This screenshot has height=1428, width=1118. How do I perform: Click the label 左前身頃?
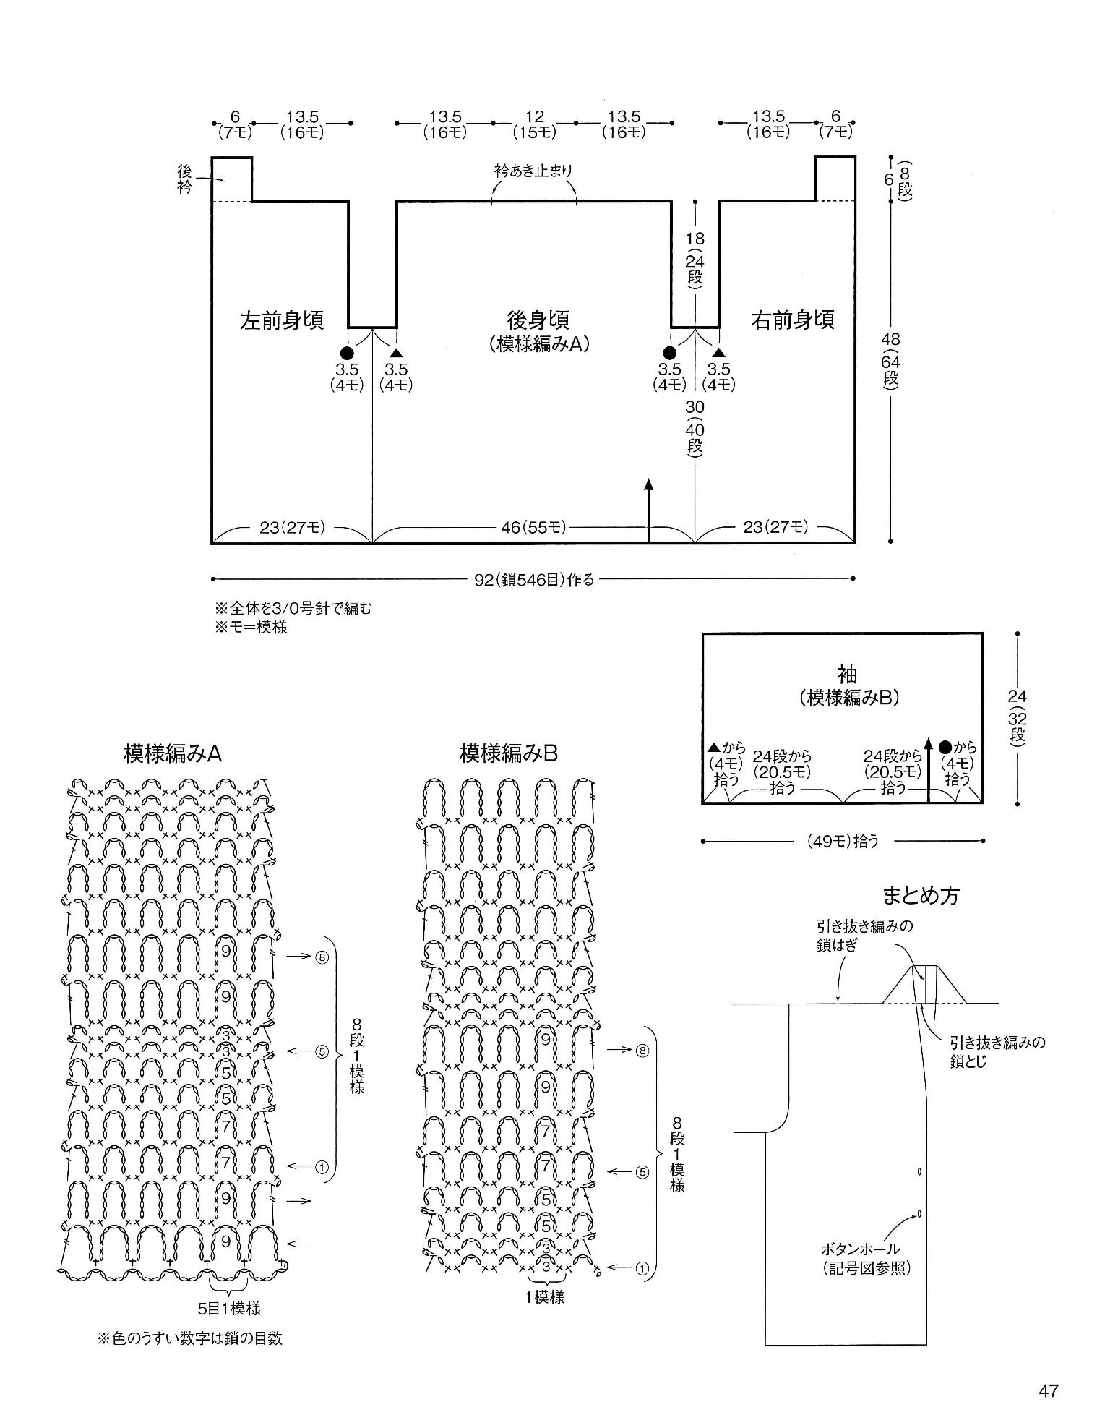coord(281,320)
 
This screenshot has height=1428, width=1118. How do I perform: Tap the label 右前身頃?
coord(793,320)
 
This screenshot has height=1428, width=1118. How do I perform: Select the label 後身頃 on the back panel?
coord(538,320)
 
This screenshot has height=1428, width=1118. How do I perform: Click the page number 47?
coord(1048,1390)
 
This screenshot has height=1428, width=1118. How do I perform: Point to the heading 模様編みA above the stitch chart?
coord(173,754)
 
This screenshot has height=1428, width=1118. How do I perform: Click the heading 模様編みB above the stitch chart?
coord(509,754)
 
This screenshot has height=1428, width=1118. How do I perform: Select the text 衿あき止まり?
coord(534,171)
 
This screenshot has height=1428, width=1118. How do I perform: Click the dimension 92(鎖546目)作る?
coord(534,579)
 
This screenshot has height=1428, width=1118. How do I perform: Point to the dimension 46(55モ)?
coord(533,528)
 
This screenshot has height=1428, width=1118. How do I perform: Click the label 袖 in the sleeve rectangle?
coord(846,675)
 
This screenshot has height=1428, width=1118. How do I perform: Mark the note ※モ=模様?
coord(251,627)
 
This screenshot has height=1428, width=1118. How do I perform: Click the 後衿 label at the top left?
coord(185,179)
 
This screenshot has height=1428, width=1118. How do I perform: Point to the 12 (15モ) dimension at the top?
coord(534,124)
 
